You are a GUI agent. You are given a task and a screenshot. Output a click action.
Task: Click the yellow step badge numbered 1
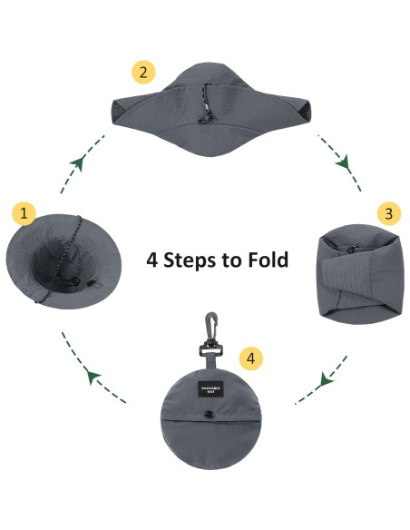point(24,214)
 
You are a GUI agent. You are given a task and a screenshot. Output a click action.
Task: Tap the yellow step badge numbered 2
point(142,71)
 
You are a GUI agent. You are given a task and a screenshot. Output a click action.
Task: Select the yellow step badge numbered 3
point(388,214)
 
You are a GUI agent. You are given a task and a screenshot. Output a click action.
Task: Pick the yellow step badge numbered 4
point(255,357)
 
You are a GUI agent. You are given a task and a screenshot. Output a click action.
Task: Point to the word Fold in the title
point(268,260)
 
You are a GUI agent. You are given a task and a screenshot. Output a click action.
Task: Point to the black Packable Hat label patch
point(212,389)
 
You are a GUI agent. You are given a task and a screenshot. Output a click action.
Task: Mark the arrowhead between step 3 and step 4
point(326,381)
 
